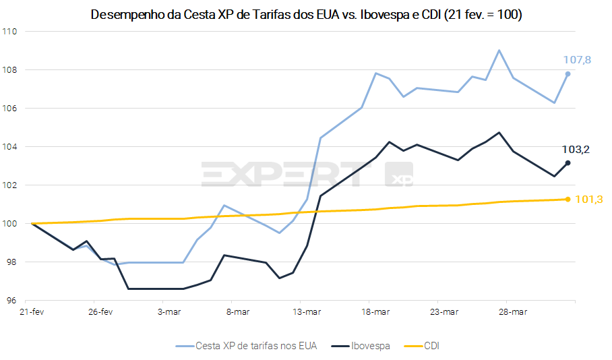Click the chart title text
pos(305,15)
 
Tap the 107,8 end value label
pos(577,60)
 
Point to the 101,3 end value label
pos(588,200)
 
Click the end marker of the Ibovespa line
pos(568,162)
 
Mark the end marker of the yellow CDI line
pos(568,199)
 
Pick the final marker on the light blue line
pos(568,73)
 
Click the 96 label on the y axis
pos(13,301)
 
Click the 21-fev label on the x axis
pos(32,312)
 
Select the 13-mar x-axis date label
pos(306,312)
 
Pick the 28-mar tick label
pos(513,312)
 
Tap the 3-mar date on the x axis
pos(169,312)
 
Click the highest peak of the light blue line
pos(499,50)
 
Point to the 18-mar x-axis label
pos(375,312)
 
